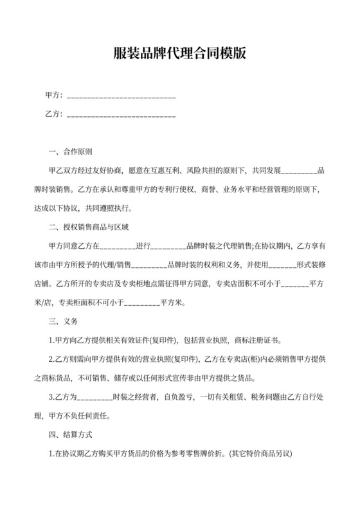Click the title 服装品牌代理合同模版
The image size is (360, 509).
pos(179,53)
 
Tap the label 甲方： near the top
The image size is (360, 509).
pos(54,96)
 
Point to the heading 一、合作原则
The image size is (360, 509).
pos(71,153)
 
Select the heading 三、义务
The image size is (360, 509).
pos(63,321)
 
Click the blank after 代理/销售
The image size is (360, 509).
pos(149,264)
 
